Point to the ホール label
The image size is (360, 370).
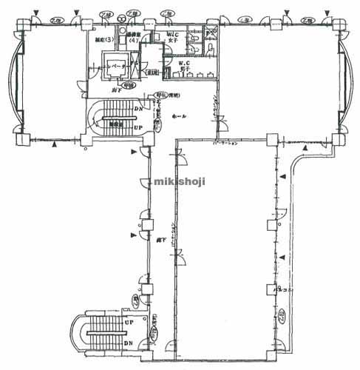point(178,116)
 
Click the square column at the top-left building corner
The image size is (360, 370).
point(18,21)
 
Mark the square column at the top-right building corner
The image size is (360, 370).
point(342,21)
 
